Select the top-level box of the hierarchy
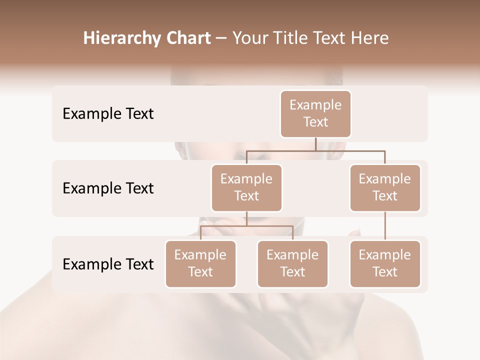tap(315, 113)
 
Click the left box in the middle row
tap(246, 187)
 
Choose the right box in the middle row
tap(385, 187)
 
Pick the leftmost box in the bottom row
tap(200, 263)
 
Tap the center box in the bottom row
tap(292, 263)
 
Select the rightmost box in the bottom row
tap(385, 263)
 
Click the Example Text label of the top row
tap(108, 114)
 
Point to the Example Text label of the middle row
tap(108, 188)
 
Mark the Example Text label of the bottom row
tap(108, 264)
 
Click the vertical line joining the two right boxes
tap(385, 226)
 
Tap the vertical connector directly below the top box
tap(315, 143)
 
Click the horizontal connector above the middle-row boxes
tap(315, 150)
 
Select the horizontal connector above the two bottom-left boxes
tap(246, 225)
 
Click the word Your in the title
tap(250, 38)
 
